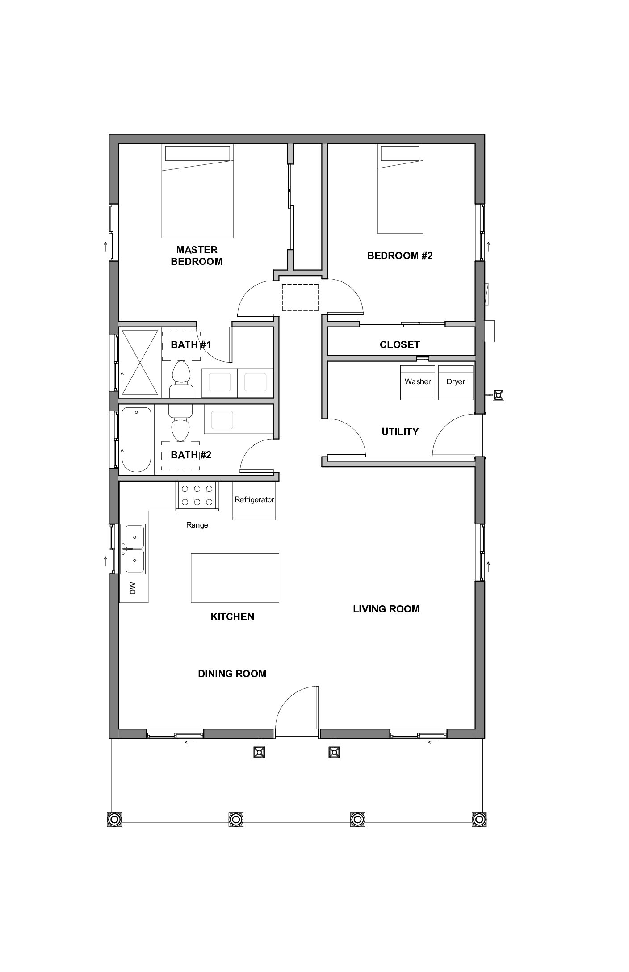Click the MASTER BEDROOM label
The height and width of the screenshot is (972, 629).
coord(197,256)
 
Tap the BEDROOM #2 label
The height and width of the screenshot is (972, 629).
coord(400,256)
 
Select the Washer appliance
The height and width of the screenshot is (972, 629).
coord(418,382)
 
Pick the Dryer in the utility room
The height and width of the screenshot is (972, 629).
coord(456,382)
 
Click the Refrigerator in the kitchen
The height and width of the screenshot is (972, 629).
coord(254,500)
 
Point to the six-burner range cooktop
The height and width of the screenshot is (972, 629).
coord(197,496)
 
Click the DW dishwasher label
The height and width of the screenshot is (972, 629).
coord(133,588)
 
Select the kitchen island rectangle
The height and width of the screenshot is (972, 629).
coord(235,578)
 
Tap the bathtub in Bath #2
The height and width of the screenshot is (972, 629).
coord(136,440)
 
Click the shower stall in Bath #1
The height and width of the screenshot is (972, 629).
coord(140,362)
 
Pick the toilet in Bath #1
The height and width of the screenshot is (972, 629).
coord(181,379)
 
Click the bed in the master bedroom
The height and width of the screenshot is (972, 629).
coord(197,191)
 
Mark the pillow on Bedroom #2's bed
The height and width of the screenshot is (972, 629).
coord(400,154)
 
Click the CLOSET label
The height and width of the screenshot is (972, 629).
coord(400,344)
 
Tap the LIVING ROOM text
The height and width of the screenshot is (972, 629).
coord(386,609)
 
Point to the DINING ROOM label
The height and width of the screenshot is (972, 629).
coord(232,674)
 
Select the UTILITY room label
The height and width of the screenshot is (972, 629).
coord(400,432)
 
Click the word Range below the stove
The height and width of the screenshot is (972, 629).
coord(197,525)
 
